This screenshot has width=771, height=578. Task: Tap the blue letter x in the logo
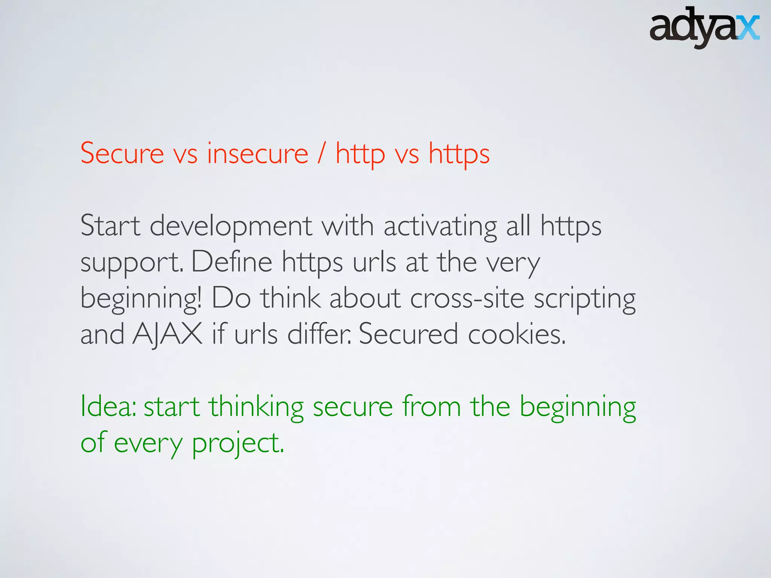pyautogui.click(x=748, y=28)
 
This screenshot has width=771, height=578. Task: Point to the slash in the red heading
pyautogui.click(x=322, y=154)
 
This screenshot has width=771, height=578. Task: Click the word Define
pyautogui.click(x=232, y=262)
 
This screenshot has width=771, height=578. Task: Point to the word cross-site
pyautogui.click(x=467, y=298)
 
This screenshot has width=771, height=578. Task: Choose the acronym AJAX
pyautogui.click(x=168, y=334)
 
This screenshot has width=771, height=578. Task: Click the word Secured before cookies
pyautogui.click(x=408, y=334)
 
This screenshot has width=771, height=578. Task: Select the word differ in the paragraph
pyautogui.click(x=318, y=334)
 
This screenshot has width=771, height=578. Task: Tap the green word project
pyautogui.click(x=238, y=443)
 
